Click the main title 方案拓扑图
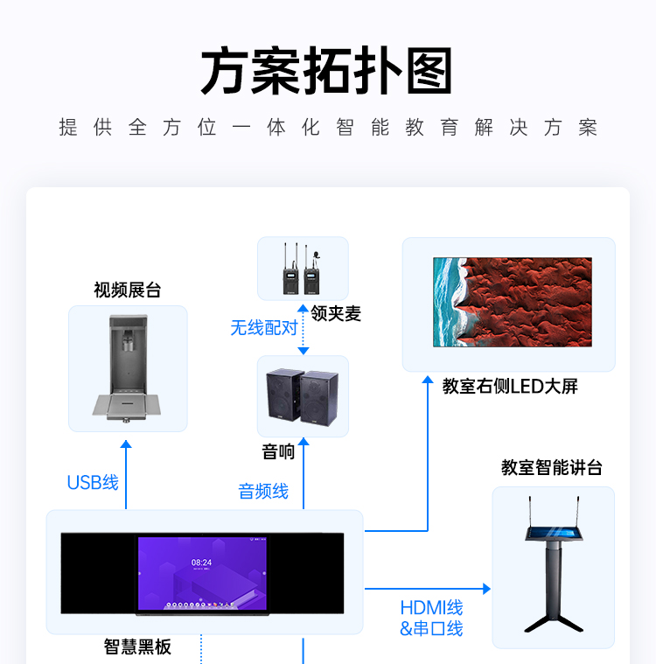(326, 71)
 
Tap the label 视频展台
(128, 290)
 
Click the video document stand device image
(127, 368)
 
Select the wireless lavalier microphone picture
(302, 269)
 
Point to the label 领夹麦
(336, 314)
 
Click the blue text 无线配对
(264, 328)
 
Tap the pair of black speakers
(303, 397)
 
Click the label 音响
(278, 451)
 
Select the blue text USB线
(94, 482)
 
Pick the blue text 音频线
(263, 492)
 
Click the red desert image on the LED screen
(513, 302)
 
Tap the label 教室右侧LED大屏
(510, 386)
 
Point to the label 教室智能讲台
(552, 467)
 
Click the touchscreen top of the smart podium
(555, 533)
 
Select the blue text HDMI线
(431, 608)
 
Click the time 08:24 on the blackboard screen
(201, 563)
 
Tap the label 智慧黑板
(137, 647)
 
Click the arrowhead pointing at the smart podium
(486, 589)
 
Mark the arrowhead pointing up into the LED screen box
(428, 380)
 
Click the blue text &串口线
(431, 628)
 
